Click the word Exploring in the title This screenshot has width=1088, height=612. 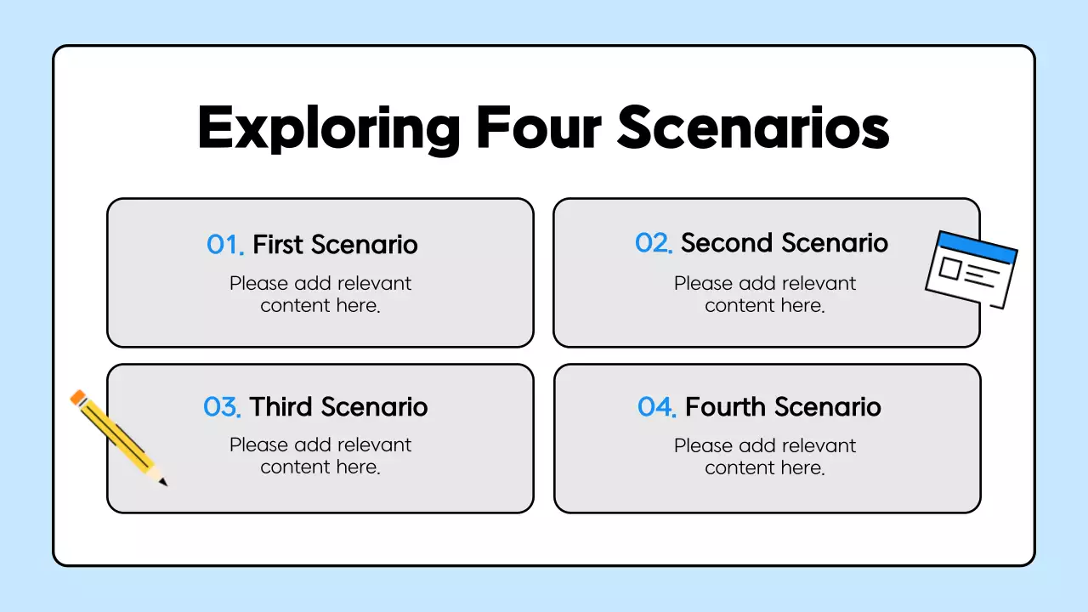click(x=328, y=128)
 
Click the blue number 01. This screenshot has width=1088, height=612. click(x=225, y=245)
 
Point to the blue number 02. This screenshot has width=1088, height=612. click(x=654, y=243)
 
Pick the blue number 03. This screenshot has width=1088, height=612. click(x=223, y=407)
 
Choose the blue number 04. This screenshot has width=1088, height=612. click(x=656, y=407)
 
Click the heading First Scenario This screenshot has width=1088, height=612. click(x=335, y=245)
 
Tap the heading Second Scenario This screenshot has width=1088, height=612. click(x=784, y=243)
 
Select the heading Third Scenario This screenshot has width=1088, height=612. click(x=338, y=407)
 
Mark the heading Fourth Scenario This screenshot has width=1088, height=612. click(x=783, y=407)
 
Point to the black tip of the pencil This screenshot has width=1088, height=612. click(x=163, y=483)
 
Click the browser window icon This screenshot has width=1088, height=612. click(x=971, y=269)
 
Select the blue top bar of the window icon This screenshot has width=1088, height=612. click(x=977, y=245)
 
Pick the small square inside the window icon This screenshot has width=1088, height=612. click(x=949, y=269)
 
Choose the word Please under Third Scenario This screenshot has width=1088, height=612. click(x=258, y=445)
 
